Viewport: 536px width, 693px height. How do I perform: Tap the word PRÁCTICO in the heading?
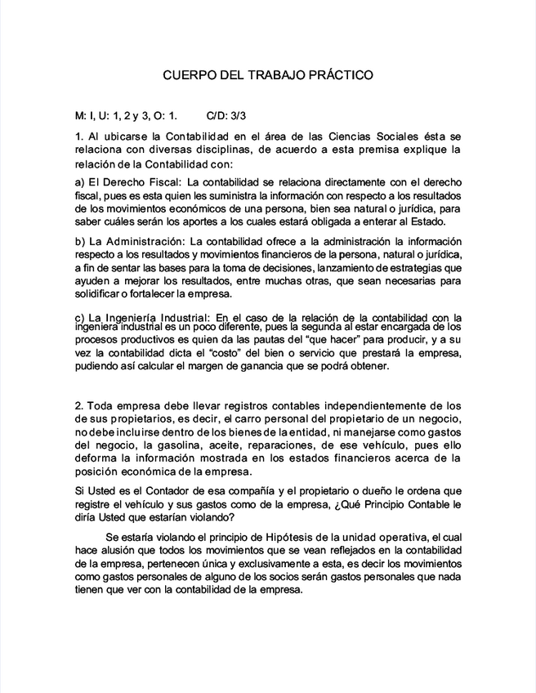[342, 74]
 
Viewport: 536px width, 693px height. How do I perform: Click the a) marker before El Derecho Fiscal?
[79, 181]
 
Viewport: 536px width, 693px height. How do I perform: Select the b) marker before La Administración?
[79, 242]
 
